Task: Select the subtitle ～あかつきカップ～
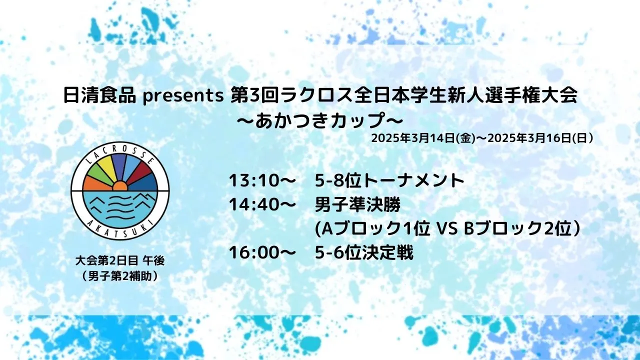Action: pos(320,120)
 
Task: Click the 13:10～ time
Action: pos(261,180)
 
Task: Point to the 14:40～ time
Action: pos(261,205)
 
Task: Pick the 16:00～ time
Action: pos(261,253)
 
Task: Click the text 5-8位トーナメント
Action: pos(389,180)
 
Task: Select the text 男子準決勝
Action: pos(357,205)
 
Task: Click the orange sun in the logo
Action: pos(120,186)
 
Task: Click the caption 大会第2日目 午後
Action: pos(120,261)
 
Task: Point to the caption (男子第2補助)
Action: pos(120,276)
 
